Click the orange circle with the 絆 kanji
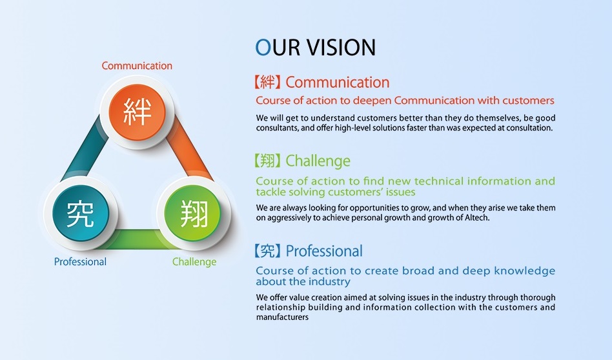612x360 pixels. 137,112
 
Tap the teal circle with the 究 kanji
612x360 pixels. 81,214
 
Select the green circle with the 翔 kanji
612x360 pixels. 192,214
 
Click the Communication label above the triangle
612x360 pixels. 137,66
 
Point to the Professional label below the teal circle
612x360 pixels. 80,261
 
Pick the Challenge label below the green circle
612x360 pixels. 194,262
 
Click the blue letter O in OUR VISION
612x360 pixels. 263,47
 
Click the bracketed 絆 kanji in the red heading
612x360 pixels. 267,83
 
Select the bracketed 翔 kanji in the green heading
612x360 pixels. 267,161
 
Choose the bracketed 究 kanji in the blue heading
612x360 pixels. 267,251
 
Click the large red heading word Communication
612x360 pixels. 338,83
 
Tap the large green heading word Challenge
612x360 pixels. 318,161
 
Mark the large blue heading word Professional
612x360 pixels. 324,251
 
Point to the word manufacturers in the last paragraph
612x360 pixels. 282,317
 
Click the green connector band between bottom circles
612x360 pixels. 138,239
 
